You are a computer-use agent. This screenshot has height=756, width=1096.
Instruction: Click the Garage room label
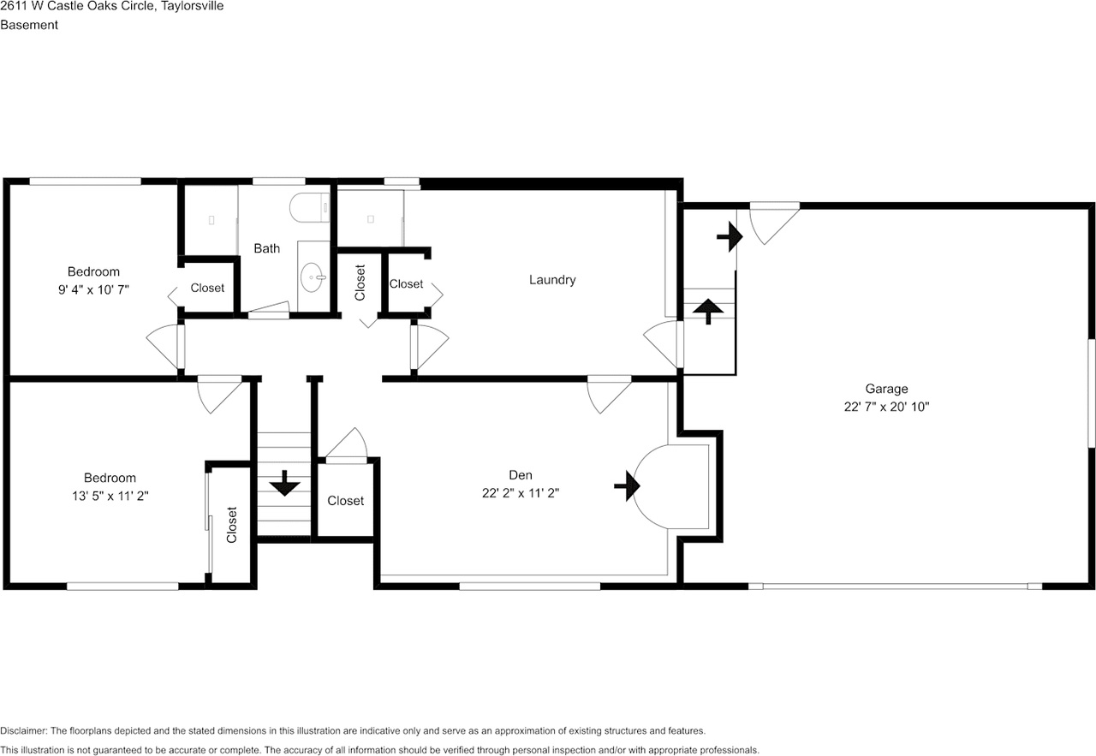886,389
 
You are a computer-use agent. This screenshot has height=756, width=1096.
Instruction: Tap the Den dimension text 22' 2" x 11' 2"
520,493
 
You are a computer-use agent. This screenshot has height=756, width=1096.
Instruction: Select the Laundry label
552,280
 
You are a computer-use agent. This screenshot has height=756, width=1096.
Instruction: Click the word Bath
266,248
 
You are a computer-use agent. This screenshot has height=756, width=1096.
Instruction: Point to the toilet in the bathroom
309,207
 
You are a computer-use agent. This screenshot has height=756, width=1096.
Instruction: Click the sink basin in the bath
312,277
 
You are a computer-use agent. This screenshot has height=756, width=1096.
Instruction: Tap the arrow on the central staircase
284,484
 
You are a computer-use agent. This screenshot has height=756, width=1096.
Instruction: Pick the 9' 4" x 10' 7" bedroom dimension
93,290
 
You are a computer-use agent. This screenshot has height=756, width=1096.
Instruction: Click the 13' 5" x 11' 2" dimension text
110,497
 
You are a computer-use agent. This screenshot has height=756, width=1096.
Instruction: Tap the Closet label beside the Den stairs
345,501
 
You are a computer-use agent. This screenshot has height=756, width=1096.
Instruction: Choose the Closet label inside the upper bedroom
207,289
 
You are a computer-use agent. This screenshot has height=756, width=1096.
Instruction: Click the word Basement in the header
29,25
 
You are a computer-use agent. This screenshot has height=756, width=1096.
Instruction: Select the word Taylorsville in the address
193,6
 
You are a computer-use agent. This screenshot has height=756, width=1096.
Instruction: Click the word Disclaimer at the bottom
24,731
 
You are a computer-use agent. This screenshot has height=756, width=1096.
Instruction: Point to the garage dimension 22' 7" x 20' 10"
886,408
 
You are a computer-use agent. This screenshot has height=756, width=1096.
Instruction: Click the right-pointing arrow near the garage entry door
730,237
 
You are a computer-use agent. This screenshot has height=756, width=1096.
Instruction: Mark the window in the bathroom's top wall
279,182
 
